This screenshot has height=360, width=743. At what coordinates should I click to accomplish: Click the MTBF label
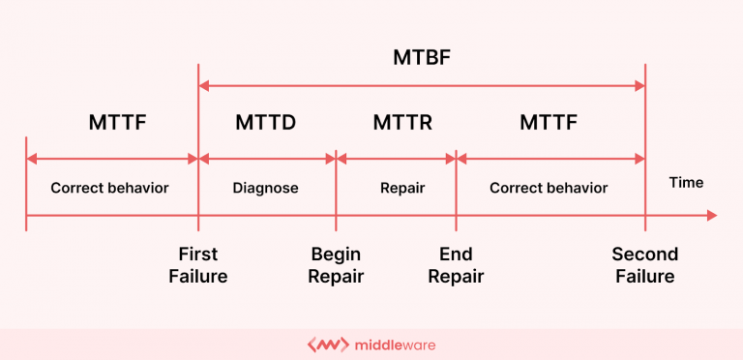point(422,56)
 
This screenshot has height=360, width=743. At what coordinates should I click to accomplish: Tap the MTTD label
point(265,123)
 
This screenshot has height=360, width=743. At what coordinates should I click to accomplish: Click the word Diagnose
point(265,188)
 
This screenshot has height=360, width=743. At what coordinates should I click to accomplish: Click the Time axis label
point(686,182)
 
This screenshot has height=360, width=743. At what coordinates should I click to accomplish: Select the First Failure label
point(198,265)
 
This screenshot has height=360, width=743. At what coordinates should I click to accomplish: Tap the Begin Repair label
point(337,265)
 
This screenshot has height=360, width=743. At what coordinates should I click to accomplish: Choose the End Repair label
point(456,265)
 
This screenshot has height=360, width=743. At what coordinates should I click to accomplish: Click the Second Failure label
point(644,265)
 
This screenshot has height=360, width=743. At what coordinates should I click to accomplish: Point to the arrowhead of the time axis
point(711,215)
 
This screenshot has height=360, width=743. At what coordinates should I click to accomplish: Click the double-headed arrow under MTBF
point(422,86)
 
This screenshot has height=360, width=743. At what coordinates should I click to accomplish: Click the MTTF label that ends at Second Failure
point(549,123)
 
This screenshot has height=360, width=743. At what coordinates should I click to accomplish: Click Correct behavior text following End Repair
point(549,188)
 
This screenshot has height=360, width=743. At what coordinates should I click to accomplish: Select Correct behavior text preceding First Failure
point(109,188)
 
